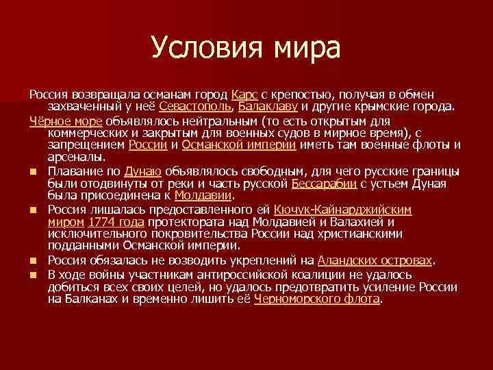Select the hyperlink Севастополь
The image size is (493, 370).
[x=195, y=106]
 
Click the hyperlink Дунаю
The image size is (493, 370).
[x=142, y=171]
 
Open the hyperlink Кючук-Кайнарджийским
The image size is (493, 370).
[x=342, y=209]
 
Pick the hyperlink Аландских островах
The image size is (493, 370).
[x=375, y=260]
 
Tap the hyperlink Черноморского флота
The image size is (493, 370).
[x=316, y=299]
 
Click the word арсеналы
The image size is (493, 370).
[x=73, y=158]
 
